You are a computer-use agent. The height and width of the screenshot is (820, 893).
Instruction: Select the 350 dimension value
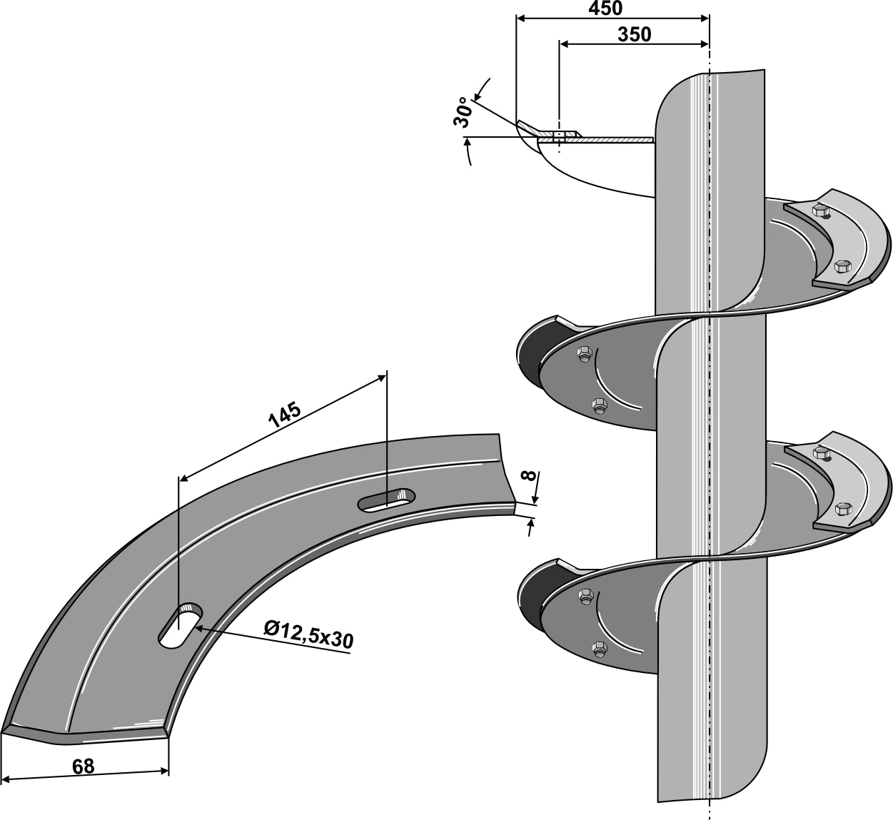tap(634, 34)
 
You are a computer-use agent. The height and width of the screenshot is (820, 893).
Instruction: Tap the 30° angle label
tap(463, 112)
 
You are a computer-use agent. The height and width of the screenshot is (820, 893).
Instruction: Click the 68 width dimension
tap(83, 766)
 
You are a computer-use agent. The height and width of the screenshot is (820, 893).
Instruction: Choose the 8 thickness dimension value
tap(528, 476)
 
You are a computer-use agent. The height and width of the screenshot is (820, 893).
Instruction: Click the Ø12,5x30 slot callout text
tap(308, 634)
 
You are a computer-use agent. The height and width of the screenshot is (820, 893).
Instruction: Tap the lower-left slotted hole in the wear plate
tap(181, 625)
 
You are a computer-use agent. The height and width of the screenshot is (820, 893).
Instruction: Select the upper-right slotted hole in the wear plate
tap(387, 500)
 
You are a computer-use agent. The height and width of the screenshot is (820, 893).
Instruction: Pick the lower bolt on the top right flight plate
tap(842, 266)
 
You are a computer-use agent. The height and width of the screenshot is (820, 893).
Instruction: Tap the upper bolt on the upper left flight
tap(584, 353)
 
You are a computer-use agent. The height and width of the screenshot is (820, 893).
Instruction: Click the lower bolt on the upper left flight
tap(600, 405)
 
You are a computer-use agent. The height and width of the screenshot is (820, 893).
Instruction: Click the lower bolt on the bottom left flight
tap(600, 648)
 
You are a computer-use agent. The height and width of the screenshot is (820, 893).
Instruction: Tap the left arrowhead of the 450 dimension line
tap(520, 17)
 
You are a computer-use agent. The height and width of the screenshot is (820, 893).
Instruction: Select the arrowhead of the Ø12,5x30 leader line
tap(196, 627)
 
